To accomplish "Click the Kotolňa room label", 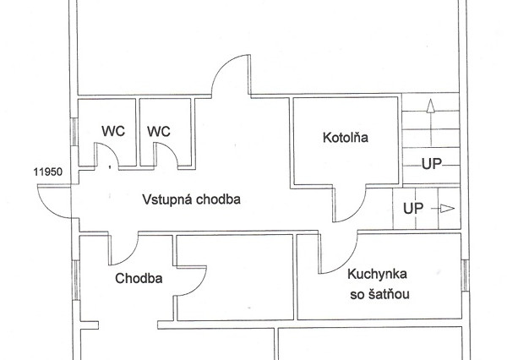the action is [346, 137].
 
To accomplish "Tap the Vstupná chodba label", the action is [192, 199].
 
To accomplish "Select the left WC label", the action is [113, 131].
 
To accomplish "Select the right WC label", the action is [159, 131].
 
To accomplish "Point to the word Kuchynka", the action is [377, 275].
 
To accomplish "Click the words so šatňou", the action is [379, 294].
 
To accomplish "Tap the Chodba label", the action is [139, 278].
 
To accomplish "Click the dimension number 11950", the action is [48, 172].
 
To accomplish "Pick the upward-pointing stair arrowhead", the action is [430, 106].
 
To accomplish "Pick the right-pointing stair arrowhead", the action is [448, 209].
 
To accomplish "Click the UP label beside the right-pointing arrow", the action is [413, 208].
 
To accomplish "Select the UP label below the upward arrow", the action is [432, 164].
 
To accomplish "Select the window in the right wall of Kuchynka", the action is [465, 275].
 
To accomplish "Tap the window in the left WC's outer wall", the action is [74, 132].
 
